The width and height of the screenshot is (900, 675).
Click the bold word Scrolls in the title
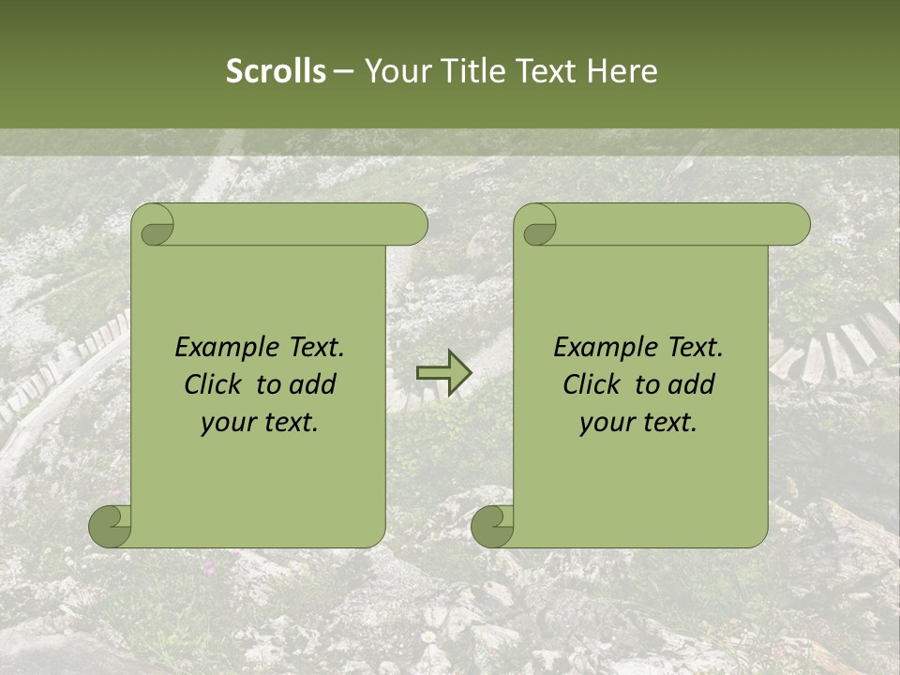277,71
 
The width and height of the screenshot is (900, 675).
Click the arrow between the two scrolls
443,372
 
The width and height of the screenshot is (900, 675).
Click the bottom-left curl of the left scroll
111,526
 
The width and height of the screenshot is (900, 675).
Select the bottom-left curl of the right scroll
493,526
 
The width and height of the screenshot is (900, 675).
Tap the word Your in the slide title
395,71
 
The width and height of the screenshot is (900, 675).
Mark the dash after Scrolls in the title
343,71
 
